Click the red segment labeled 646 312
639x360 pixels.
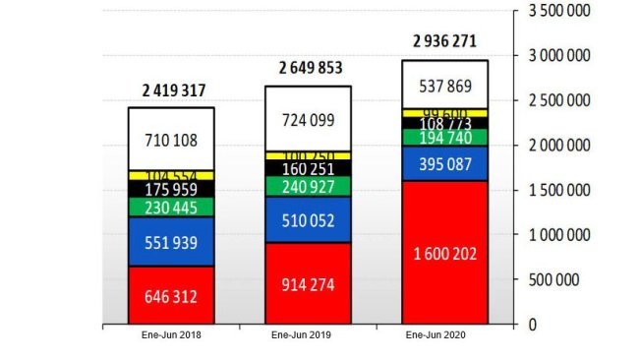tap(171, 294)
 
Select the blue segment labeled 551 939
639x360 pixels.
tap(171, 241)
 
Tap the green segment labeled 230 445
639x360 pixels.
tap(171, 207)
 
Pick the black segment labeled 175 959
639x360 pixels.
tap(171, 188)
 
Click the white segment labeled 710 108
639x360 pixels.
tap(171, 138)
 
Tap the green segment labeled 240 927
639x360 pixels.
tap(308, 185)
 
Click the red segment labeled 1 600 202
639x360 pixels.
tap(444, 252)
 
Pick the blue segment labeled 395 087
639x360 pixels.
tap(444, 163)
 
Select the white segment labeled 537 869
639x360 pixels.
tap(444, 84)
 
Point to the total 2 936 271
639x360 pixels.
tap(444, 41)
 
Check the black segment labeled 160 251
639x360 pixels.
tap(308, 168)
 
